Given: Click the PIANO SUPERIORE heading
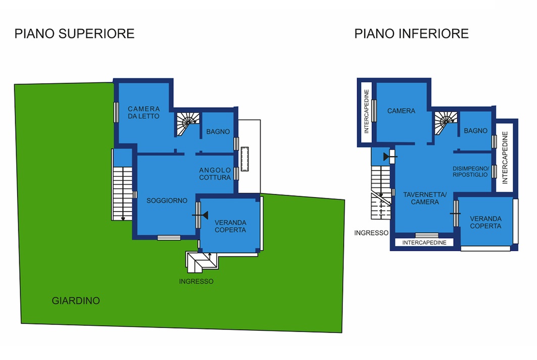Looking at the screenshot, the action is click(x=74, y=33).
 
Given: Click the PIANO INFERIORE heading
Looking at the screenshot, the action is click(x=411, y=33).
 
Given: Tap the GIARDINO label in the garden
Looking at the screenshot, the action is click(x=76, y=301).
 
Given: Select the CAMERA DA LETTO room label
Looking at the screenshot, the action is click(x=144, y=112).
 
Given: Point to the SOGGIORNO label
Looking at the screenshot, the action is click(x=167, y=201).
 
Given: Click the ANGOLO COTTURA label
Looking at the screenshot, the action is click(x=215, y=174).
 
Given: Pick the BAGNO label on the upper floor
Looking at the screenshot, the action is click(x=218, y=131).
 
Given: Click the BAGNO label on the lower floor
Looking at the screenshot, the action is click(x=475, y=130).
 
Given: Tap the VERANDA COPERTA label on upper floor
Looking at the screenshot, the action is click(x=230, y=227).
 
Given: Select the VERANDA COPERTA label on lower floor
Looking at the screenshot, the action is click(x=485, y=222).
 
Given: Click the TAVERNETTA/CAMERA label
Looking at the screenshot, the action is click(x=425, y=198).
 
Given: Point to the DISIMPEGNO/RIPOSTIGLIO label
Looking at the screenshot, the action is click(x=470, y=171).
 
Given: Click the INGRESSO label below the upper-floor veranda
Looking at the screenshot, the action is click(x=196, y=281).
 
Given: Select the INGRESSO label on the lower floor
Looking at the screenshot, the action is click(x=371, y=233).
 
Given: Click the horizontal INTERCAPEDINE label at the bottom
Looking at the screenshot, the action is click(x=424, y=242).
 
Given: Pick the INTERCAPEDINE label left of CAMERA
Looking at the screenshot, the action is click(x=366, y=111).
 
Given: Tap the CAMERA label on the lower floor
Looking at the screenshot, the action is click(x=401, y=111).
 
